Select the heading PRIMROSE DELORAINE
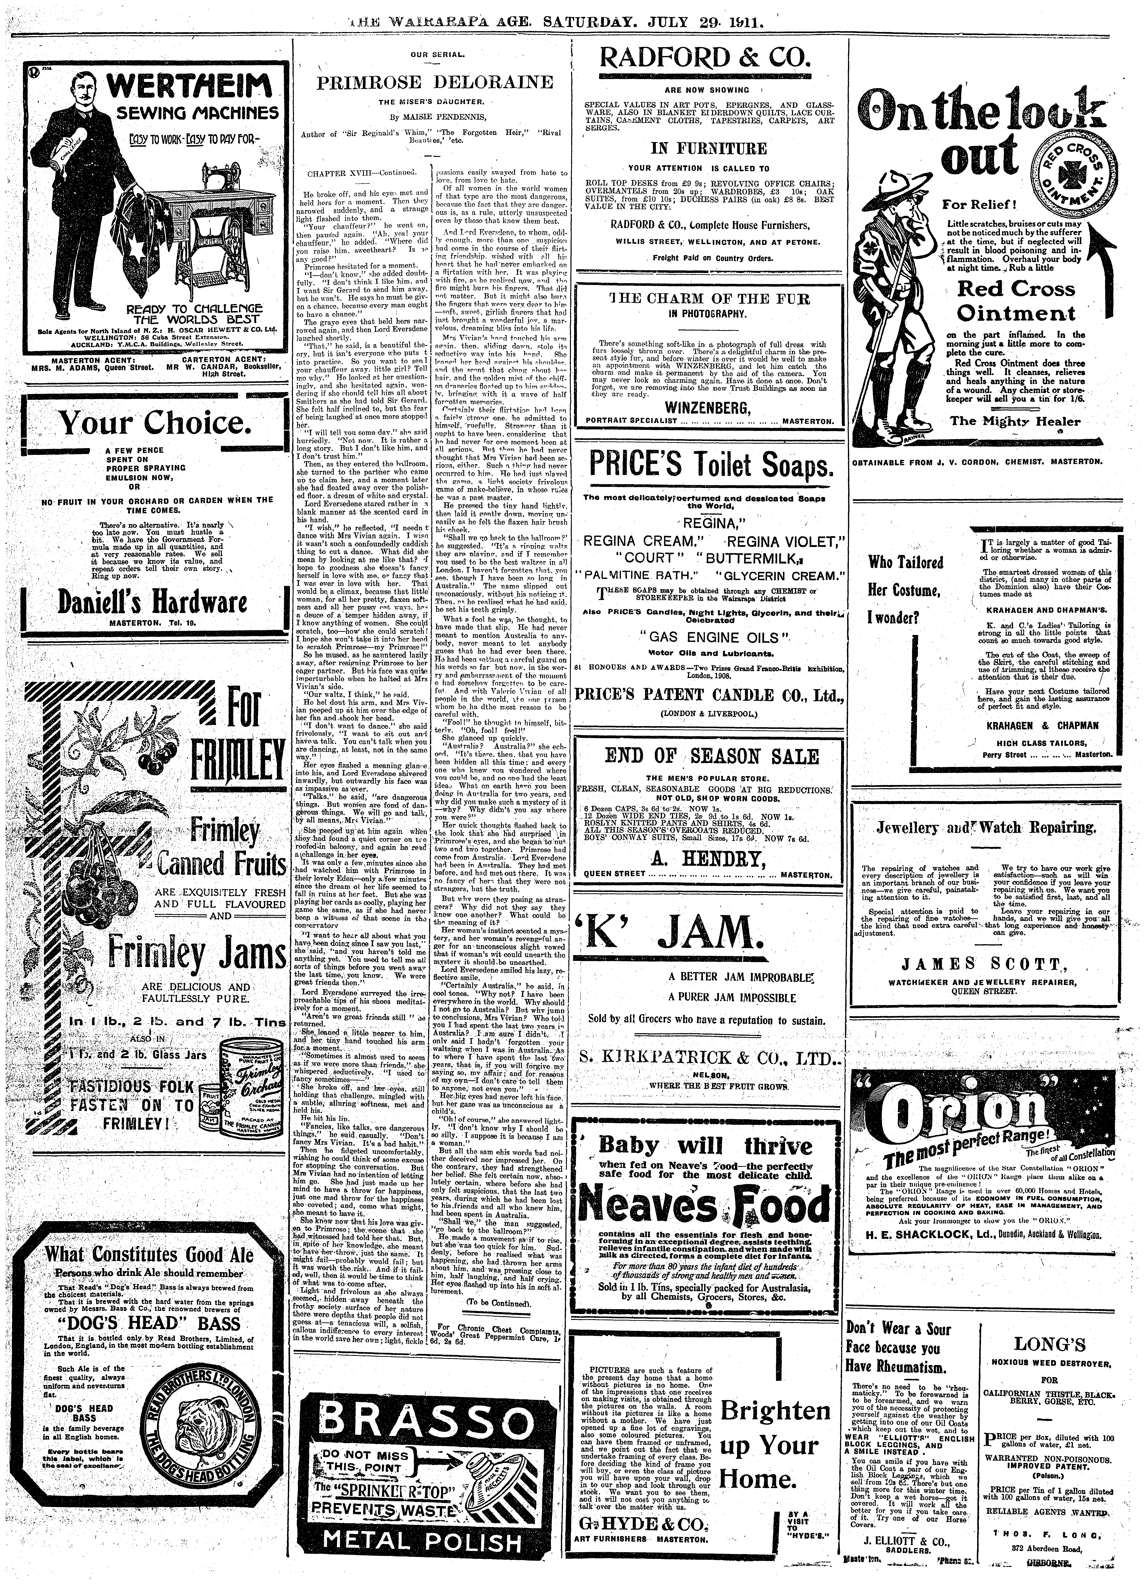435,82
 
